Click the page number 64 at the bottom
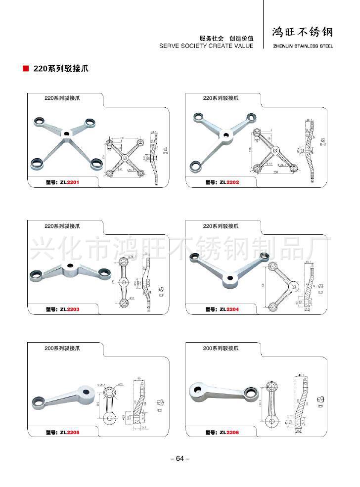180,459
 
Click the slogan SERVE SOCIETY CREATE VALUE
206,46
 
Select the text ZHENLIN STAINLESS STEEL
303,46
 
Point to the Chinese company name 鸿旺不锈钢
303,33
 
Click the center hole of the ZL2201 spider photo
66,133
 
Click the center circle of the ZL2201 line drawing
126,158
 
